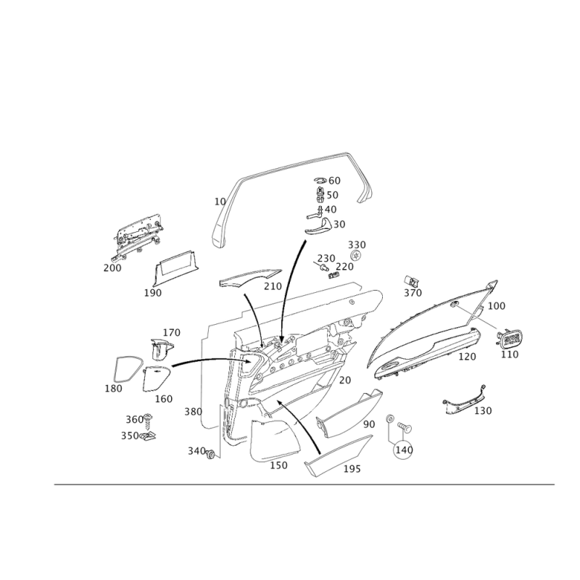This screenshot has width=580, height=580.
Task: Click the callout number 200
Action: (112, 268)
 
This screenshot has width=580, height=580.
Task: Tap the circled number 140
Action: (404, 449)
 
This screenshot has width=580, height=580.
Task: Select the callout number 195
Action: (352, 468)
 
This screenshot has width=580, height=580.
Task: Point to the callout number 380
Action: (193, 411)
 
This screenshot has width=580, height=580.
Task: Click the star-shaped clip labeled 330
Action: (355, 255)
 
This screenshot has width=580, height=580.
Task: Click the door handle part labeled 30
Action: (319, 226)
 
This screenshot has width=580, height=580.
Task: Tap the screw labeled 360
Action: (148, 421)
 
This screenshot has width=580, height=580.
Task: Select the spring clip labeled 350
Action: (147, 436)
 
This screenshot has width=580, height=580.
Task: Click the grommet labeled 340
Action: (210, 455)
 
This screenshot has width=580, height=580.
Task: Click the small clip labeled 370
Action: (411, 281)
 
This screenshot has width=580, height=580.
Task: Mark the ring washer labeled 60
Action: (320, 180)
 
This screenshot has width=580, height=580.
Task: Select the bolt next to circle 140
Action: (405, 428)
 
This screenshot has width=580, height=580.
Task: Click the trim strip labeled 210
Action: (249, 280)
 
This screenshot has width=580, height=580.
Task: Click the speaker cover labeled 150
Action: (275, 440)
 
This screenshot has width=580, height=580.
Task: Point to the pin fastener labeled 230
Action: (322, 267)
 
